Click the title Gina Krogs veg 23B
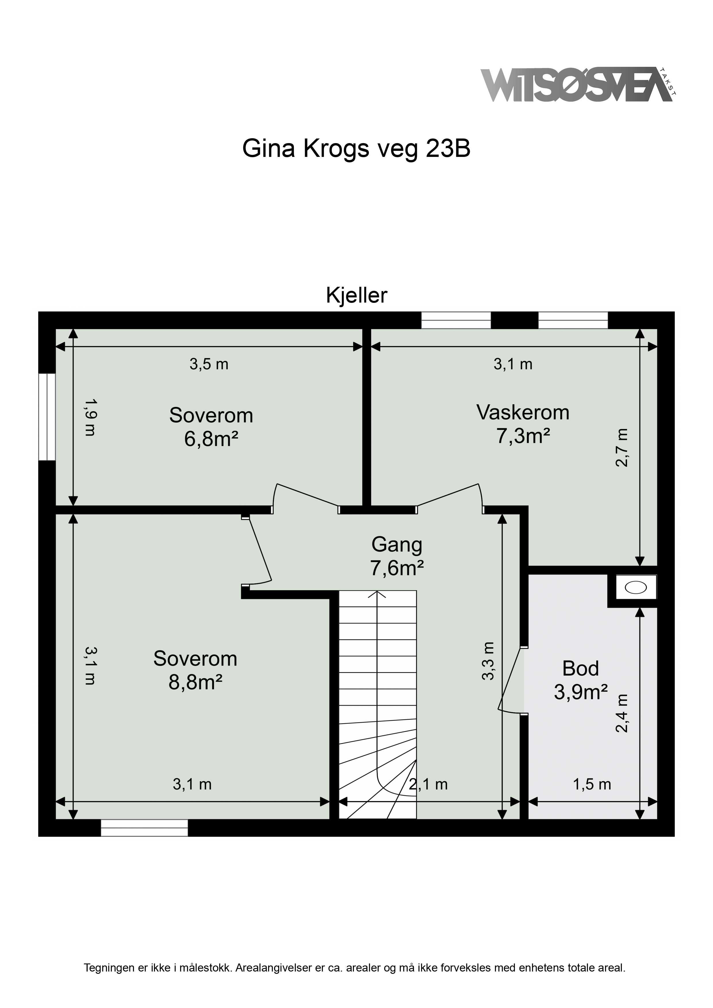(x=356, y=149)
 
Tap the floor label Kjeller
(x=356, y=296)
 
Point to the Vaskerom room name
(x=523, y=413)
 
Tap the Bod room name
(x=580, y=669)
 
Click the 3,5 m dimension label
(x=209, y=364)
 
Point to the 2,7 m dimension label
(x=622, y=447)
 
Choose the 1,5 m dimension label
(x=592, y=784)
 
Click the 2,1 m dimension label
(x=428, y=784)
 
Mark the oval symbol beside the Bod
(x=636, y=587)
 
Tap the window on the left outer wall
(x=47, y=417)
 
